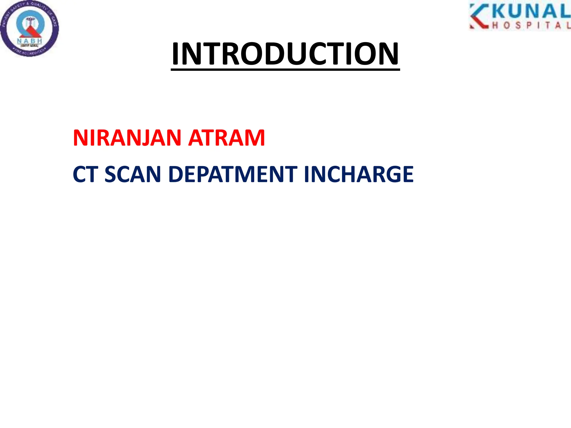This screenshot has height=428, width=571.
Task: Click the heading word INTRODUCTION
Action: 285,53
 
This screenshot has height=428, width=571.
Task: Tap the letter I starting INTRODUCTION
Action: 175,53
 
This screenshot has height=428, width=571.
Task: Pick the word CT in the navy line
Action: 85,174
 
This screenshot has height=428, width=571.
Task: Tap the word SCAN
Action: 133,174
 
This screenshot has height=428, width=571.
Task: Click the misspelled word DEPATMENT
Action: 233,174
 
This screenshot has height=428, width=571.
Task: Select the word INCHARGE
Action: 359,174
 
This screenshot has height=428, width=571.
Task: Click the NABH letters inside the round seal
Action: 30,41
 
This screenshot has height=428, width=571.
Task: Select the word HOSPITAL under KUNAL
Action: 531,26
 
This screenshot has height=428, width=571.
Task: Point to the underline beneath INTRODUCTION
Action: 285,69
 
